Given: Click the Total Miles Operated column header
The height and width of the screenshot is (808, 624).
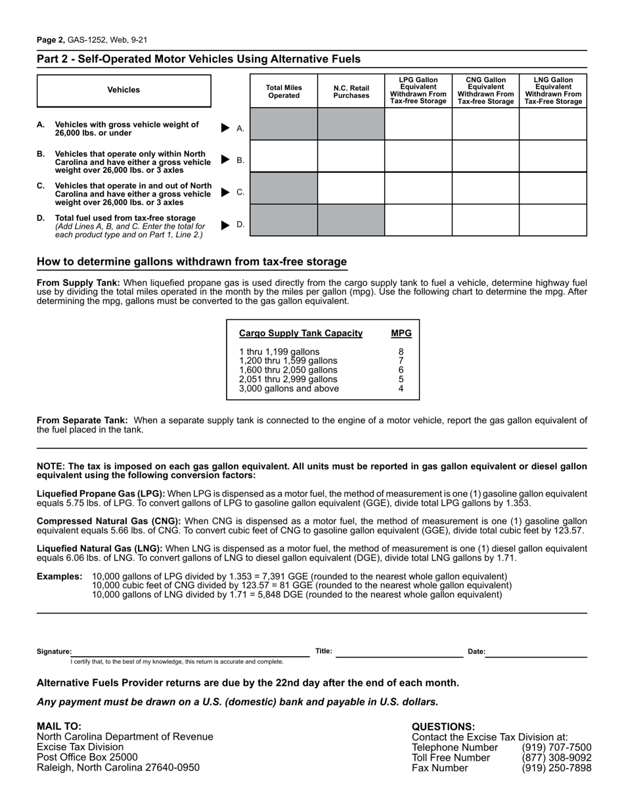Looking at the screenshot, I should click(x=284, y=92).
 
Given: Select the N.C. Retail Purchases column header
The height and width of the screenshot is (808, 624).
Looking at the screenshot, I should click(x=351, y=92).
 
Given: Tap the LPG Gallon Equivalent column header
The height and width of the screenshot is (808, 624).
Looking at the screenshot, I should click(x=418, y=91).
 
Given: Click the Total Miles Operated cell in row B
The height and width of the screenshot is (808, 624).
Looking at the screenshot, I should click(x=284, y=156).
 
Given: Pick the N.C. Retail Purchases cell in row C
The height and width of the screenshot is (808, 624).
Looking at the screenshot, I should click(x=351, y=189).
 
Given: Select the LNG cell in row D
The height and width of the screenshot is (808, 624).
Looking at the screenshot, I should click(x=553, y=220).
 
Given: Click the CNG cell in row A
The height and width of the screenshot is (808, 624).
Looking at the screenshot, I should click(x=485, y=124).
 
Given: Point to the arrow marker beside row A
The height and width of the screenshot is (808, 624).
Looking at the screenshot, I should click(x=225, y=128).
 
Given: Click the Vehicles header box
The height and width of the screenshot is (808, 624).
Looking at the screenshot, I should click(x=124, y=91).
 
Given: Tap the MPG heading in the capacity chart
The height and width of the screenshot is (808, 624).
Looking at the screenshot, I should click(x=401, y=333).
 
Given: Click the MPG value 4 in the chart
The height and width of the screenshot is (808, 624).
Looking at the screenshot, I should click(x=401, y=388).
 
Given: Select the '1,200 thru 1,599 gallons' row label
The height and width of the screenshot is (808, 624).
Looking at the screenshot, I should click(x=288, y=361).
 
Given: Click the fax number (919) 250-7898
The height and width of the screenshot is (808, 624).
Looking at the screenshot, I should click(x=556, y=768).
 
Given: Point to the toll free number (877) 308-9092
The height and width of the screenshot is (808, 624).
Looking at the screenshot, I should click(x=556, y=757).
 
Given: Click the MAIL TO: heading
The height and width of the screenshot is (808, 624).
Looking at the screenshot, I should click(x=59, y=726).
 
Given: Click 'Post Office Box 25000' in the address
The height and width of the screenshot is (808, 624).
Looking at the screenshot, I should click(x=87, y=757).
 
